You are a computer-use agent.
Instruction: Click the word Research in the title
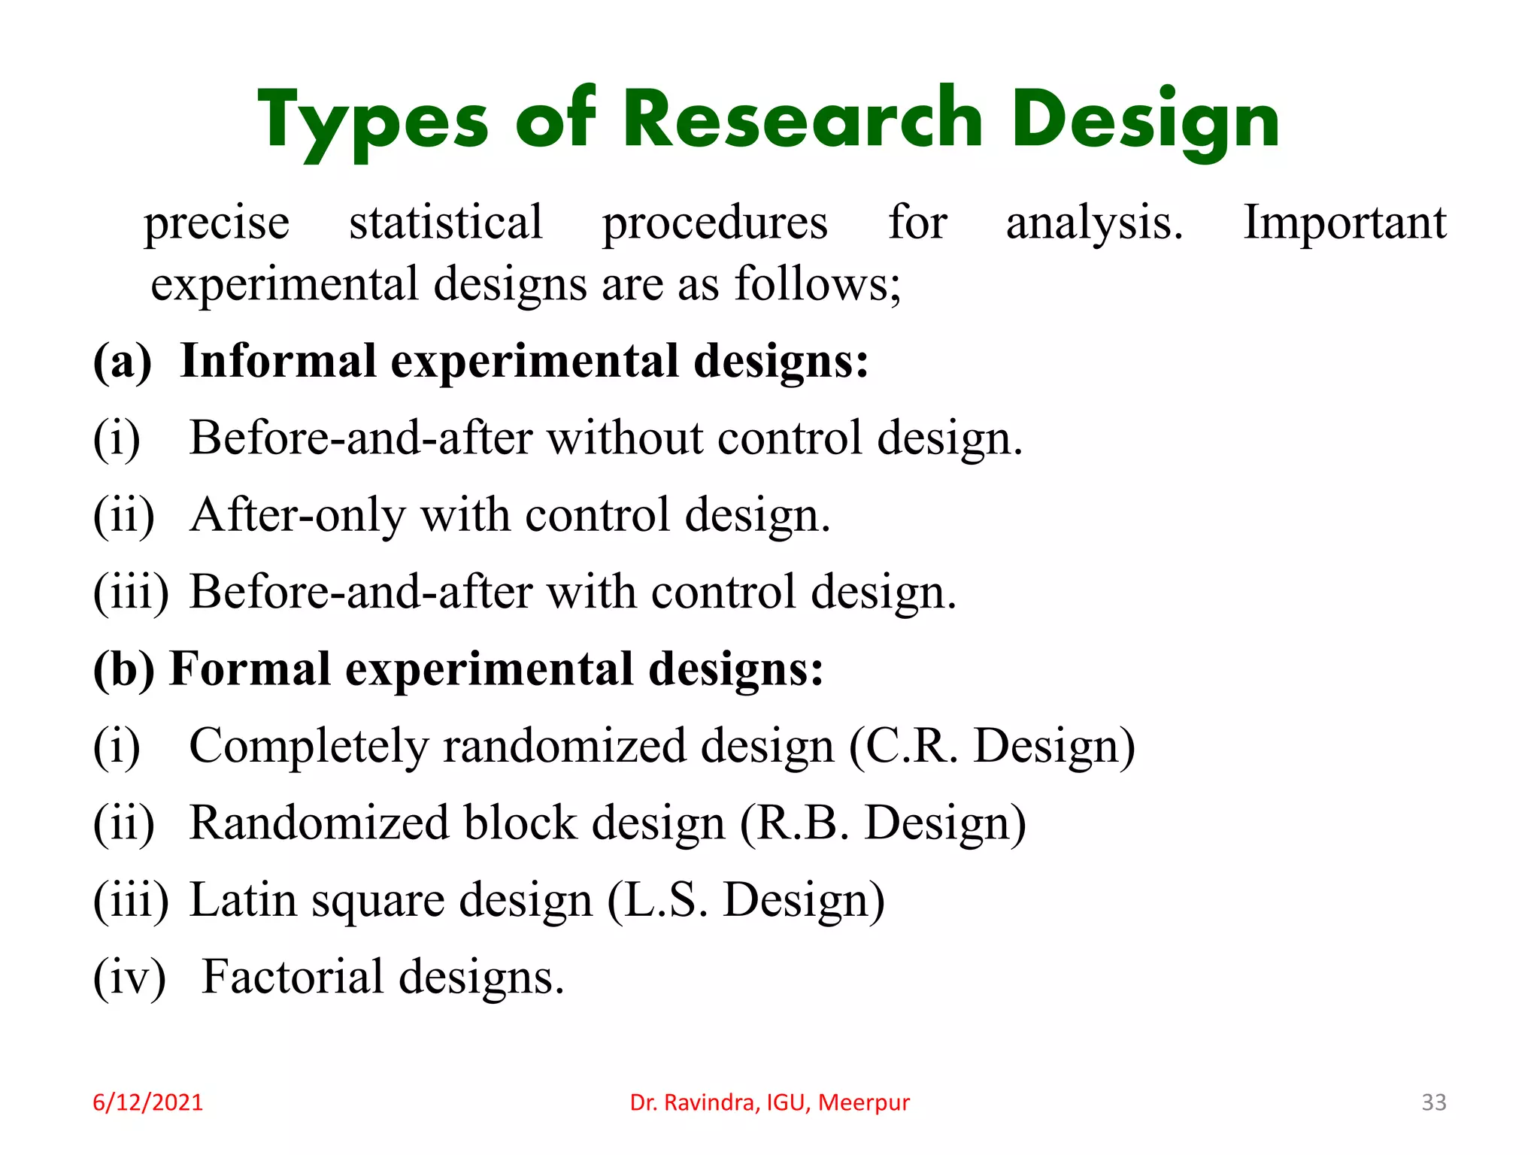pos(803,119)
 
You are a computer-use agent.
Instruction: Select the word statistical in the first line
pos(445,223)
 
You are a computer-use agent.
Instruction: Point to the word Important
pos(1344,223)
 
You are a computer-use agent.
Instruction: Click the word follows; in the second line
pos(817,284)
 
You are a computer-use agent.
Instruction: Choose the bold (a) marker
pos(122,362)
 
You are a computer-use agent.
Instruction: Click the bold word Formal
pos(250,668)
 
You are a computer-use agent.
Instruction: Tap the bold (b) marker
pos(123,669)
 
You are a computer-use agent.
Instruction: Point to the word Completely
pos(308,747)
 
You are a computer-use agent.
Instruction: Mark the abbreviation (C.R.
pos(904,747)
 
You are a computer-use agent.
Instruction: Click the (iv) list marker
pos(129,978)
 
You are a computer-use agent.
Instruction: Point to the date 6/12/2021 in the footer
pos(147,1102)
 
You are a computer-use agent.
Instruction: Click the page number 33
pos(1433,1102)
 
